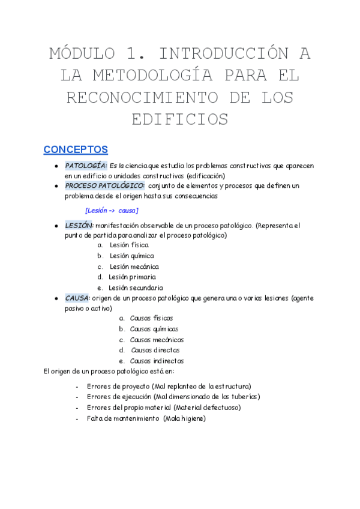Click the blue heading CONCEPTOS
coord(76,149)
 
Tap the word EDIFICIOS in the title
coord(180,119)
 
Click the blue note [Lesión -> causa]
coord(112,211)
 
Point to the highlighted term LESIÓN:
coord(79,226)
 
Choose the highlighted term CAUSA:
coord(78,298)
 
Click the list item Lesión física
coord(129,245)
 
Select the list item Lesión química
coord(131,256)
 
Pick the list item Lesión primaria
coord(133,277)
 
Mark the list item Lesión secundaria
coord(136,288)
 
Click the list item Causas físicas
coord(152,318)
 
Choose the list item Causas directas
coord(155,350)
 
